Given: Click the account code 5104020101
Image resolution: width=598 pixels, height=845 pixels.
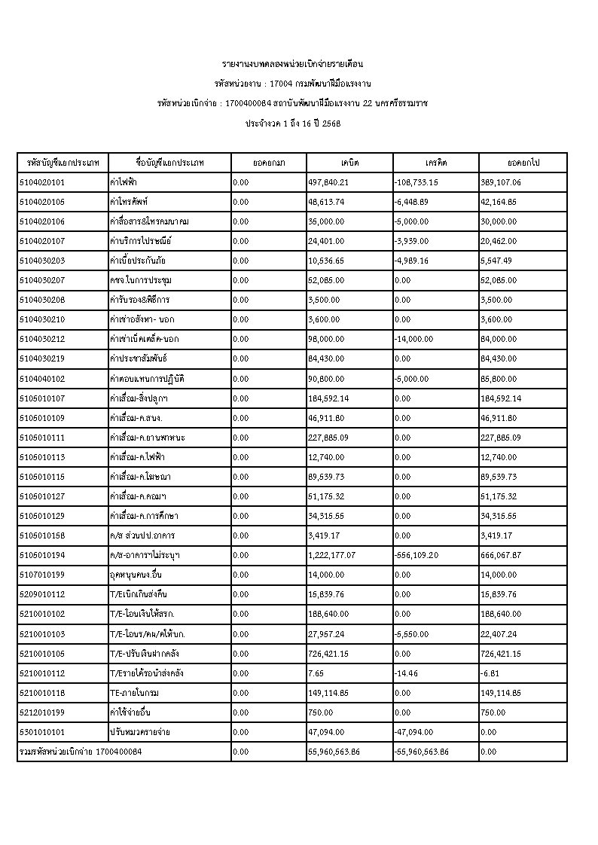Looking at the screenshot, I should pyautogui.click(x=41, y=182).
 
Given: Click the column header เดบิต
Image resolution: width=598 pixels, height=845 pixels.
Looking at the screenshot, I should pyautogui.click(x=349, y=163).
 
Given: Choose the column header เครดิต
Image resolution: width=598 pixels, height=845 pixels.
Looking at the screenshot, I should pyautogui.click(x=435, y=163).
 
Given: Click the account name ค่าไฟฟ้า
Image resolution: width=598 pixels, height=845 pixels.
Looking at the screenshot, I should pyautogui.click(x=123, y=182).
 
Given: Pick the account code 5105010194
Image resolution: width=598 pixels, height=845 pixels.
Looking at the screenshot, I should pyautogui.click(x=41, y=554).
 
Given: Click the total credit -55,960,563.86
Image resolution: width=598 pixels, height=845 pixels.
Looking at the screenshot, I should pyautogui.click(x=421, y=751).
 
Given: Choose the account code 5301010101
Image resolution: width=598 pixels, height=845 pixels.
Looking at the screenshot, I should pyautogui.click(x=41, y=731).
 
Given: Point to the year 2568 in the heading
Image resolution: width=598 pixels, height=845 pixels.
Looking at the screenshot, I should pyautogui.click(x=331, y=122).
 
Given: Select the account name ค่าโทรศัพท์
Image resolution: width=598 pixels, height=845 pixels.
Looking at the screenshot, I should pyautogui.click(x=127, y=202).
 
